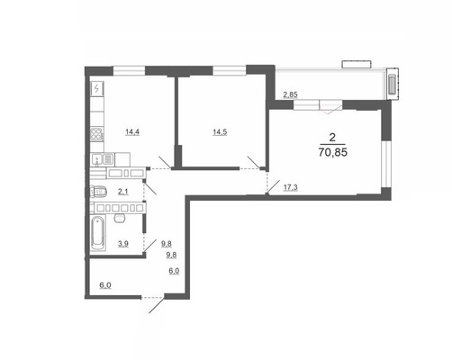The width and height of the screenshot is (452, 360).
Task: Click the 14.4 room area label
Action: [132, 131]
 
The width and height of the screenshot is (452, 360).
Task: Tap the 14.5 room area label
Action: [220, 131]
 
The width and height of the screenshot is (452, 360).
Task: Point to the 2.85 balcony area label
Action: [291, 94]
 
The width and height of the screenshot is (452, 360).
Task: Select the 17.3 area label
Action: [291, 188]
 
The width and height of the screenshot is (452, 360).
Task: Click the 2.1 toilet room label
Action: [123, 192]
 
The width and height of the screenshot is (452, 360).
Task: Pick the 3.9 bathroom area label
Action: [123, 244]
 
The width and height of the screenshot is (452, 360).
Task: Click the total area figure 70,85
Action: [333, 152]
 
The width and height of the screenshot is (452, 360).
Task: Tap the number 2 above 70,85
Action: [332, 138]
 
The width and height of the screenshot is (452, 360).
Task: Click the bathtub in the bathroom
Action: [98, 233]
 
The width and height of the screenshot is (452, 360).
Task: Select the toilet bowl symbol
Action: [98, 192]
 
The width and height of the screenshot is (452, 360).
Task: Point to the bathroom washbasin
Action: [120, 218]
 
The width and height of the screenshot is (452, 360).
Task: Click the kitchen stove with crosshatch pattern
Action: [97, 134]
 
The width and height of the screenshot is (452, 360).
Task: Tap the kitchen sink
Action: [103, 159]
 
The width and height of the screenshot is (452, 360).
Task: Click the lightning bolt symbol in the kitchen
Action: [96, 88]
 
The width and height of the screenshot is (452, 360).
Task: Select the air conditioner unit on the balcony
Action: [393, 84]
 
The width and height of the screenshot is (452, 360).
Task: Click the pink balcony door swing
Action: [330, 107]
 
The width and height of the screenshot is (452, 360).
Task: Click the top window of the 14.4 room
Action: [129, 71]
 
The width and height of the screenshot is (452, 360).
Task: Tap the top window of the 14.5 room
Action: [230, 70]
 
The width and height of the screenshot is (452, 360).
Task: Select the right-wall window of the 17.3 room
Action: [386, 164]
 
